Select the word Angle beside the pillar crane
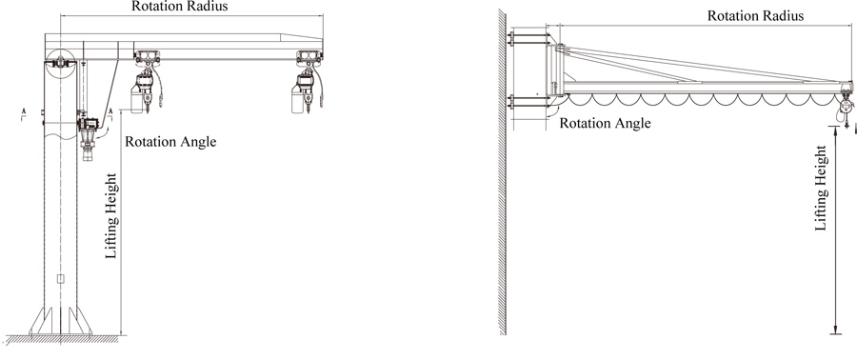point(196,143)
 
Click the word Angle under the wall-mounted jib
point(630,123)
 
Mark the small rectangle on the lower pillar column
point(60,280)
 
